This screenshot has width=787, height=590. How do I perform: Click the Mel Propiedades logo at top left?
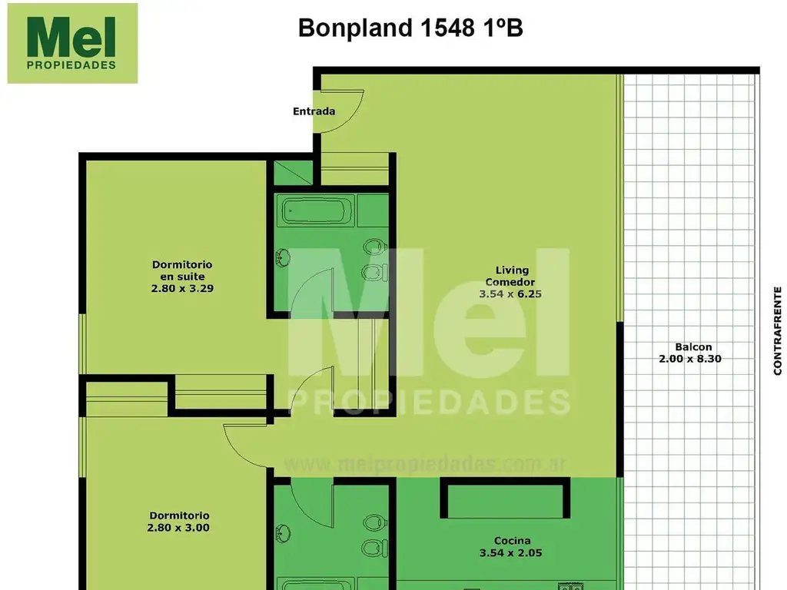tap(72, 43)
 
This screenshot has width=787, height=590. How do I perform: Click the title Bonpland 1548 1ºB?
tap(410, 28)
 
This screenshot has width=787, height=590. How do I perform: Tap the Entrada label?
tap(314, 111)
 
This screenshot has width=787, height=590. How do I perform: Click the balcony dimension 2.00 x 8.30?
tap(689, 358)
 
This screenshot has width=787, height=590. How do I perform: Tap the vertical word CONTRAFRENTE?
tap(777, 330)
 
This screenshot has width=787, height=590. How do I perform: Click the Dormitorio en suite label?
tap(181, 270)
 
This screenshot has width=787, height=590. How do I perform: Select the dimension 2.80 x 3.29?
tap(181, 290)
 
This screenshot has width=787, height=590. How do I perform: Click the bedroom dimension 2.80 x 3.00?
tap(178, 528)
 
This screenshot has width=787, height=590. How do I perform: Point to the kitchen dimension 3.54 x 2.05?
tap(505, 552)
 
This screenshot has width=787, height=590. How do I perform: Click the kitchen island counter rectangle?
tap(505, 499)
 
